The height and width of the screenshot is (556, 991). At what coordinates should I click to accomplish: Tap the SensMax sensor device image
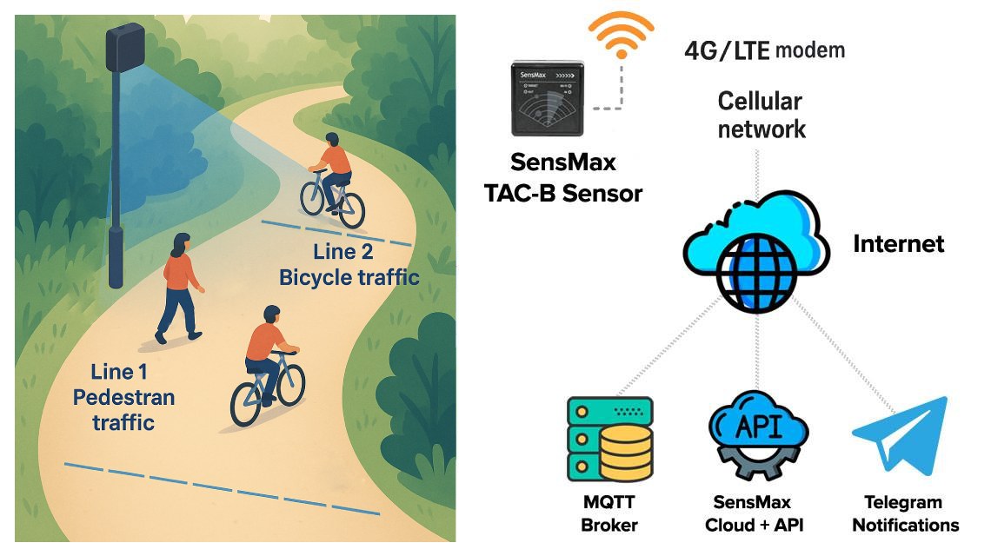(548, 97)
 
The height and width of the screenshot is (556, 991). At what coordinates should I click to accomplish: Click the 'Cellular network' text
(762, 116)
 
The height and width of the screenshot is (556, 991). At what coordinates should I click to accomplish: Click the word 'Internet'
(898, 244)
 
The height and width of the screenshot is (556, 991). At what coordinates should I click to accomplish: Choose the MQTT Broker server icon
(609, 439)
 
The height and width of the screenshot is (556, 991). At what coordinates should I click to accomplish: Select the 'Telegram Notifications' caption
(905, 513)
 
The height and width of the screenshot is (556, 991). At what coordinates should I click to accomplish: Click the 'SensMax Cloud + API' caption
(754, 513)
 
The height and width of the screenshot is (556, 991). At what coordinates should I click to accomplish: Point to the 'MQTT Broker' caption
(609, 513)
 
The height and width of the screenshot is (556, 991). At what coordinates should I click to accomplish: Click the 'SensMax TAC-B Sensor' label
(562, 176)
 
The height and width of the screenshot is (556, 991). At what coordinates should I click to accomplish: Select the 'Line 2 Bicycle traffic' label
(349, 265)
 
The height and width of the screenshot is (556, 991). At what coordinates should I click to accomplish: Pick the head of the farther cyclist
(330, 141)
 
